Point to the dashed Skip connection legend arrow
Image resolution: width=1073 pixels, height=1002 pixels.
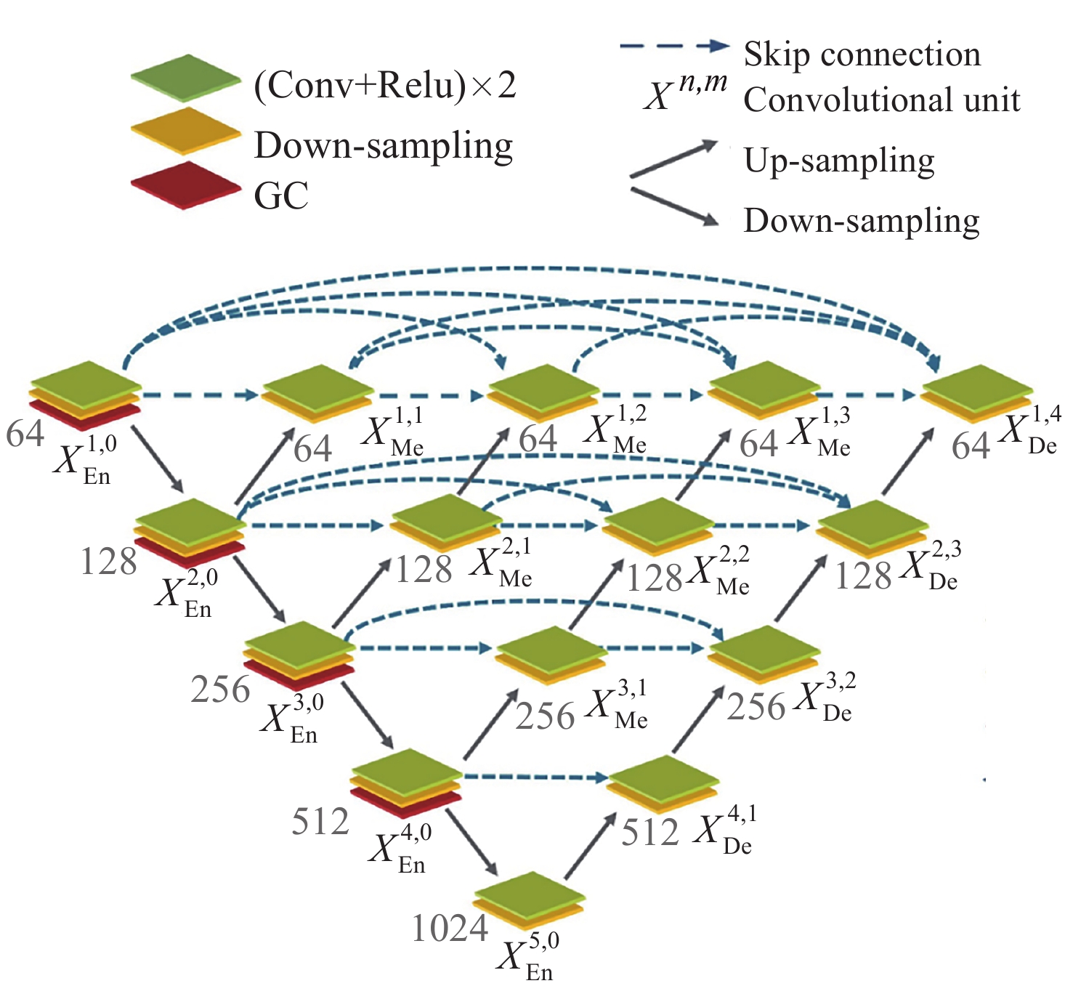(674, 47)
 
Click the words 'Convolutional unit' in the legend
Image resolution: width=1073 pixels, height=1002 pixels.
(881, 100)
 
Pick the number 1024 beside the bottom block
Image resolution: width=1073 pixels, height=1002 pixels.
(450, 928)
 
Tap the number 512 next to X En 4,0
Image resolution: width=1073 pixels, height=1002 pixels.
(320, 822)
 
